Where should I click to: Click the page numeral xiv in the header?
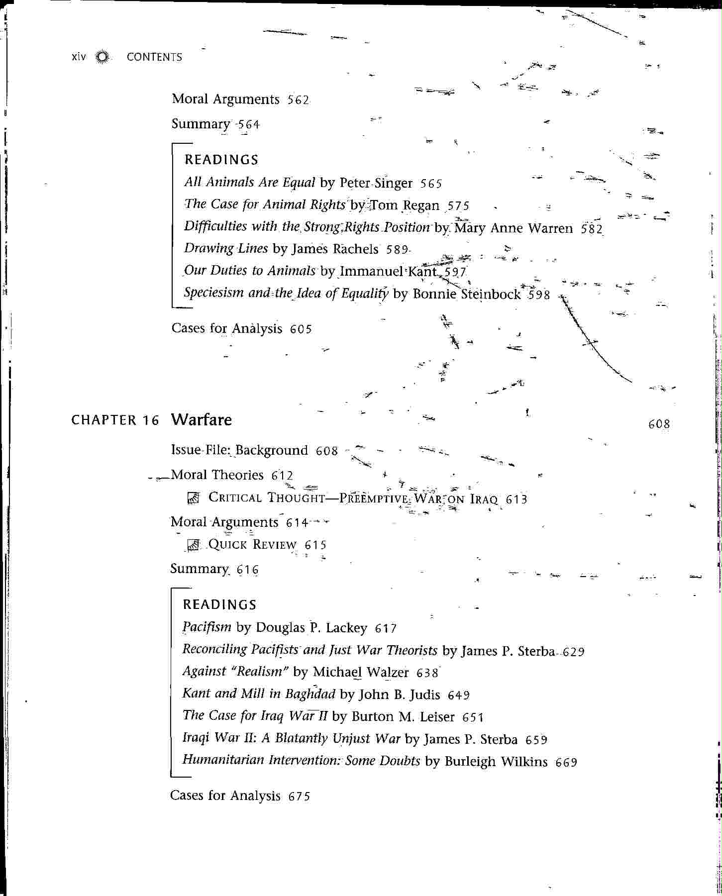click(79, 57)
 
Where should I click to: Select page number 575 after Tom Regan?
click(458, 205)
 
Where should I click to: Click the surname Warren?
click(550, 228)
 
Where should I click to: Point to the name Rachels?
click(355, 249)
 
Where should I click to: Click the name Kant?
click(422, 272)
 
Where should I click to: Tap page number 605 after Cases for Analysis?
click(301, 329)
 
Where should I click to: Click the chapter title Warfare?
click(202, 420)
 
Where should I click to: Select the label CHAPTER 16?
click(115, 420)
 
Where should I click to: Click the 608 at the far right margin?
click(659, 424)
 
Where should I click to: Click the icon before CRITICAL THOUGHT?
click(193, 498)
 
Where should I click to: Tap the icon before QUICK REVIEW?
click(193, 545)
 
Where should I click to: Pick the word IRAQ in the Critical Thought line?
click(483, 498)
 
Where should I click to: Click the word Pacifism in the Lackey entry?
click(206, 627)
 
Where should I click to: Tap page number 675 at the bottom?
click(299, 796)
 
